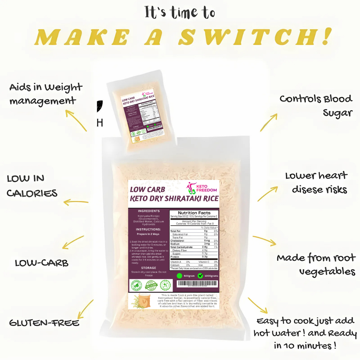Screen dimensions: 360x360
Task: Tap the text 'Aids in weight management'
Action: click(x=45, y=94)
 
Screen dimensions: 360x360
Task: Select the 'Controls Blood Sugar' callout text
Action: click(x=316, y=106)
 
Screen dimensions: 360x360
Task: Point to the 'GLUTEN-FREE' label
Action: click(x=44, y=323)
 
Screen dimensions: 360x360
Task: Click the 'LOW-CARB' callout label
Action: click(x=42, y=263)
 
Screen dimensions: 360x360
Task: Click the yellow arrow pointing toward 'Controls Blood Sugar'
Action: click(x=269, y=122)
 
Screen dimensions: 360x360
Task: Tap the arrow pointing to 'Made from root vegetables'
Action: click(x=264, y=241)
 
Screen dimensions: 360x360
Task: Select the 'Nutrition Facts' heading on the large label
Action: click(x=194, y=213)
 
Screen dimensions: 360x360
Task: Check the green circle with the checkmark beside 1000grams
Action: click(x=200, y=276)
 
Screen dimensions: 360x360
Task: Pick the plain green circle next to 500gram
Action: click(x=179, y=276)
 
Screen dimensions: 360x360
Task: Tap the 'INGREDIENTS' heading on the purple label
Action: click(x=149, y=211)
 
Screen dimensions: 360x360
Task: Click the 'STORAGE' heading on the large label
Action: click(x=148, y=268)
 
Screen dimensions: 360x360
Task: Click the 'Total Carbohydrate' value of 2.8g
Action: click(x=205, y=247)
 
